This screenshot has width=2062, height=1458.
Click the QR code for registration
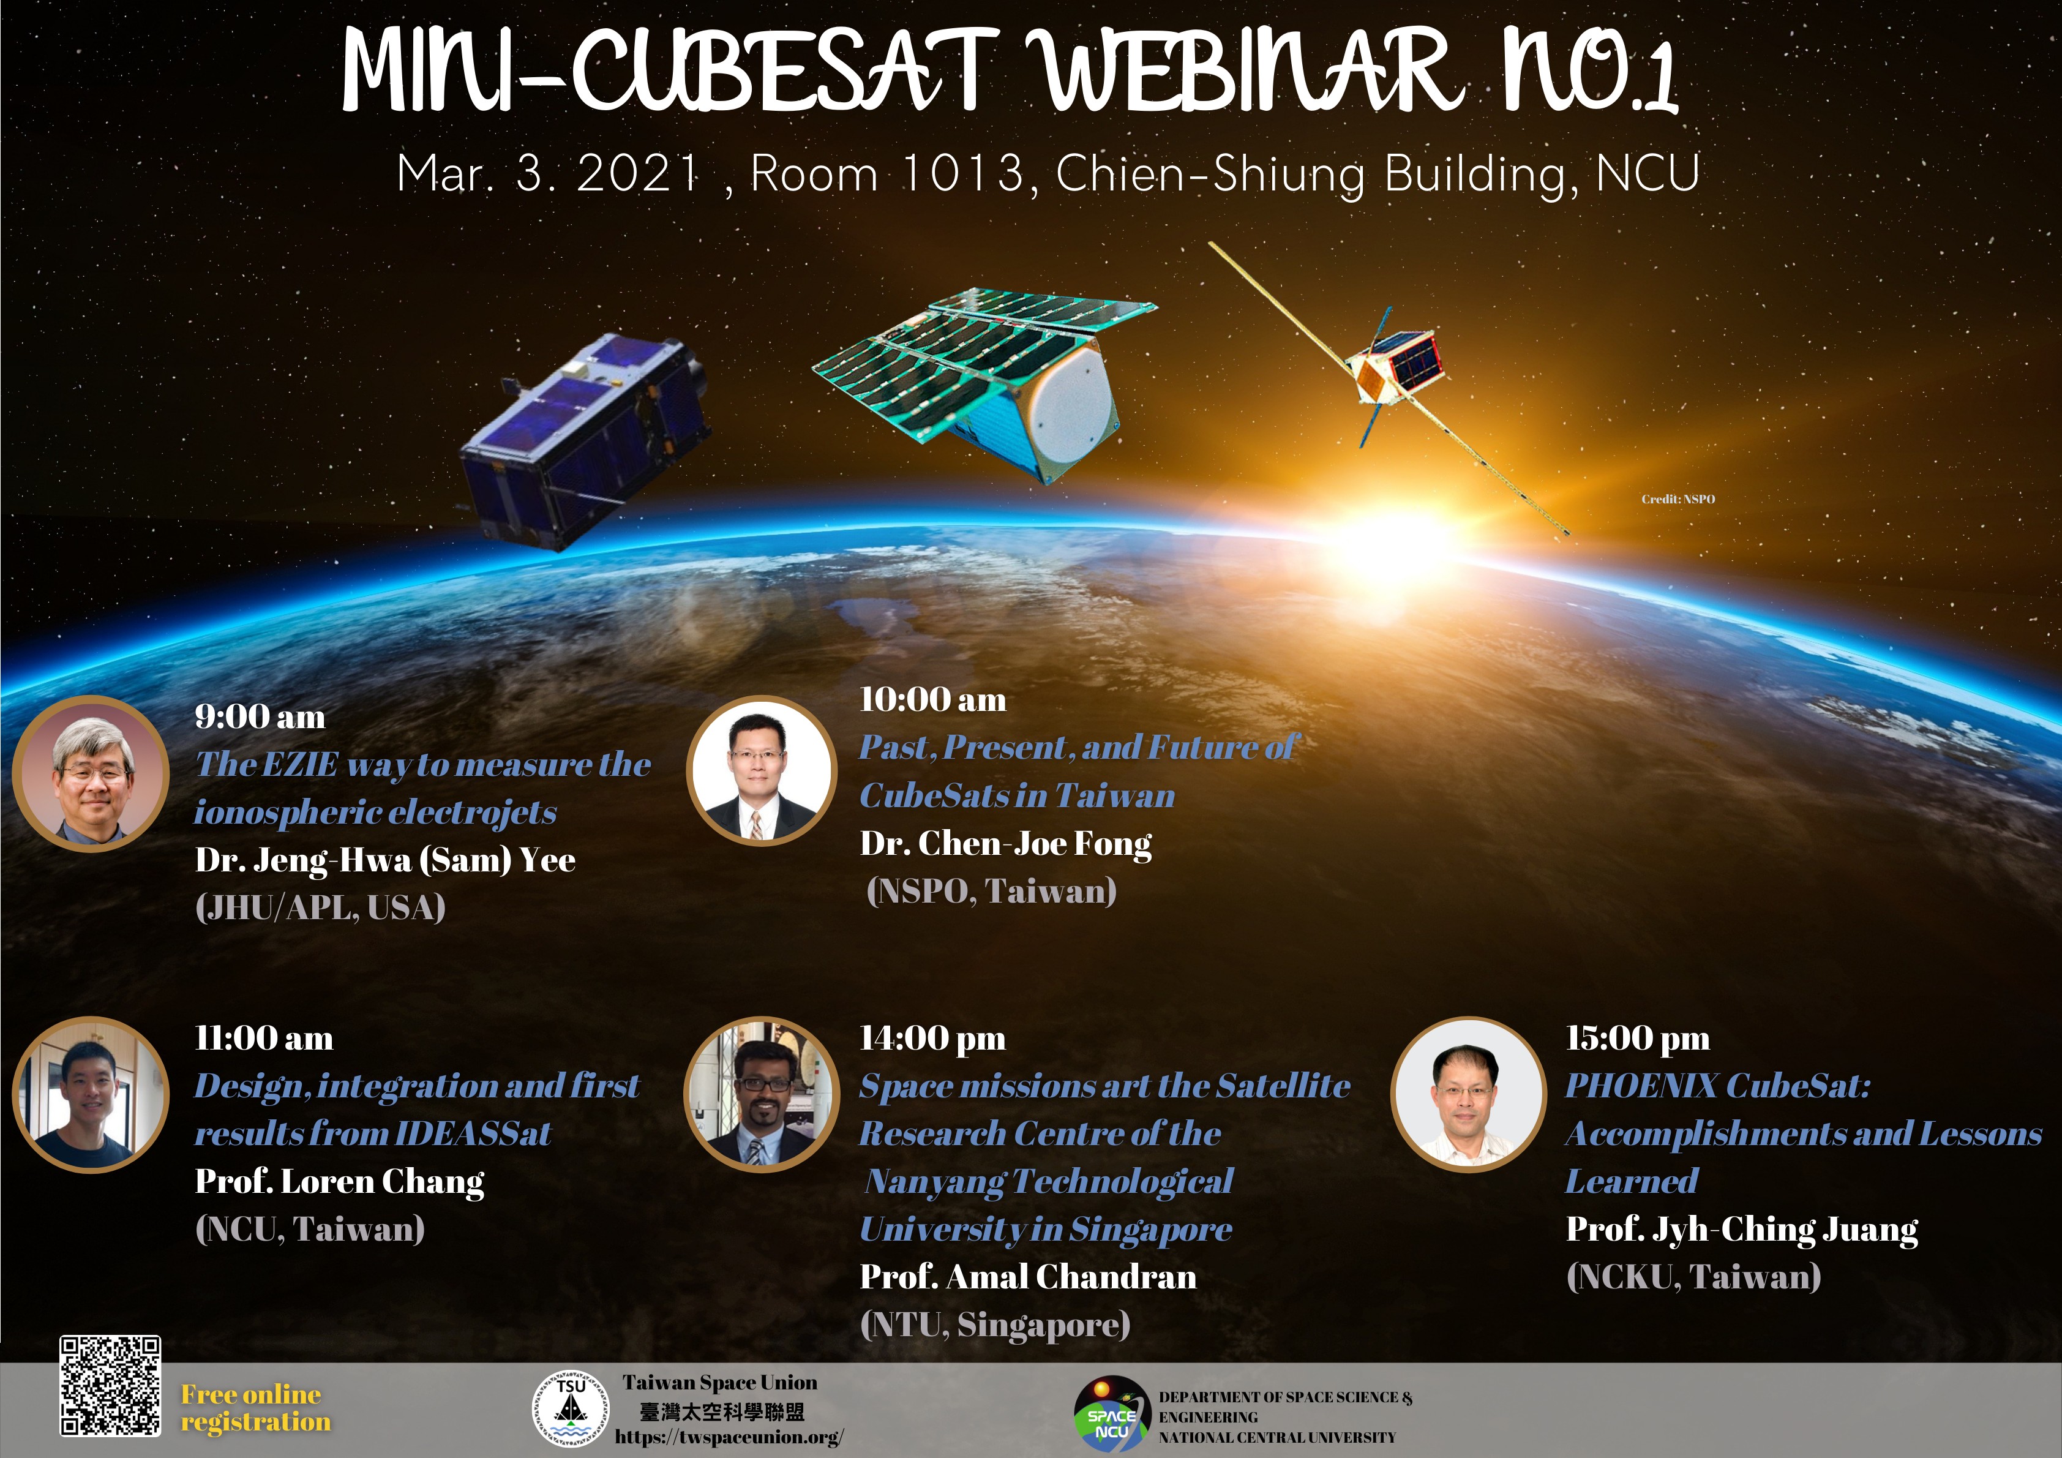[110, 1385]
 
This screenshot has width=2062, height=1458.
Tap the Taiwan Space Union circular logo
[570, 1408]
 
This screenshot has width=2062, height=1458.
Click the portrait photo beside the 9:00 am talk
[91, 773]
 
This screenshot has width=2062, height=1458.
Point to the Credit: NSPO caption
[1678, 498]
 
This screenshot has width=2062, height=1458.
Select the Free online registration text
[256, 1408]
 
